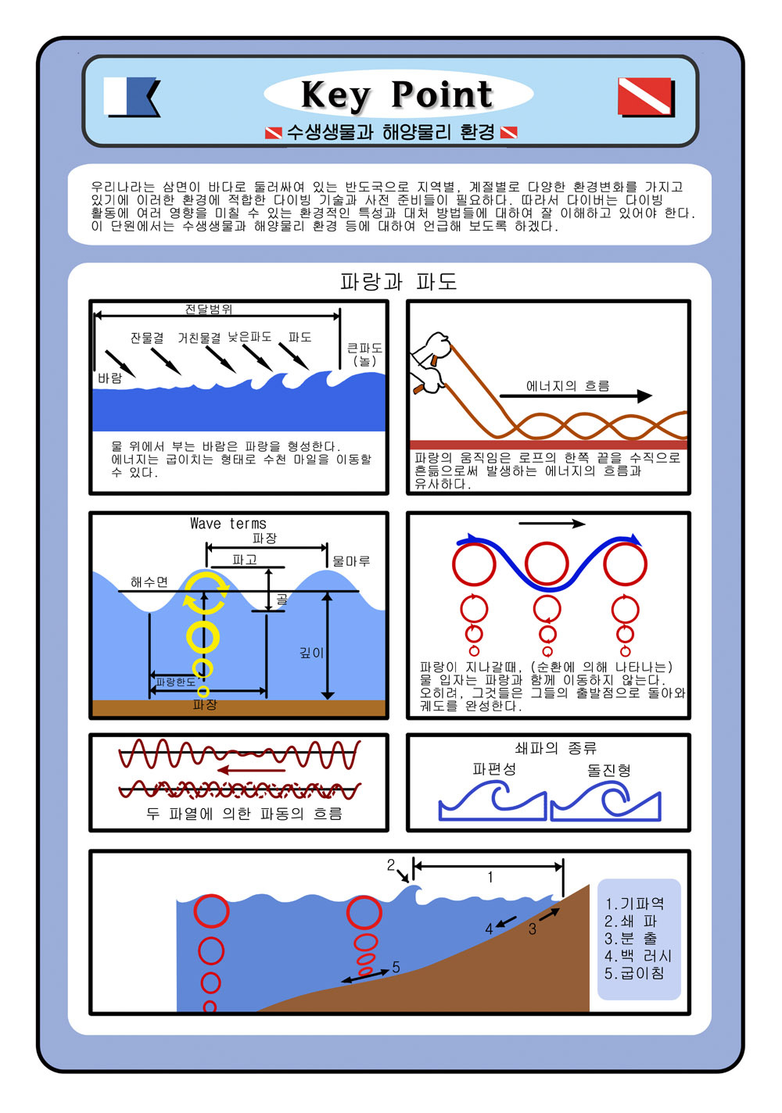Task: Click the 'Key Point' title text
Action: (x=396, y=95)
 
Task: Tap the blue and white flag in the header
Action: (x=131, y=96)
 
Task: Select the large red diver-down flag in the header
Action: (x=646, y=96)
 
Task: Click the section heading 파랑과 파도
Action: (x=398, y=281)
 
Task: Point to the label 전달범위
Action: (x=209, y=309)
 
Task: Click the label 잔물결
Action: (x=147, y=338)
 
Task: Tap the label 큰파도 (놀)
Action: (x=364, y=354)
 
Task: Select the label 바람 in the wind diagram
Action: (x=109, y=378)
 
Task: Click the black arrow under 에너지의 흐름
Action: (x=576, y=396)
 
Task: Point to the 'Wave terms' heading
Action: (x=228, y=523)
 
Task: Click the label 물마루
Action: (x=351, y=561)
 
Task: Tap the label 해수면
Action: (x=149, y=582)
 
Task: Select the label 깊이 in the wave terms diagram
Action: (x=312, y=653)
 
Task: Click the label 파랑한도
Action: (x=176, y=682)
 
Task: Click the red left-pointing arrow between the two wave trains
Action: (x=251, y=770)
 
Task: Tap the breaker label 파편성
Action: (x=494, y=769)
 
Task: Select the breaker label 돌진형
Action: (x=609, y=770)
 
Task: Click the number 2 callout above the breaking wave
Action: (x=391, y=865)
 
